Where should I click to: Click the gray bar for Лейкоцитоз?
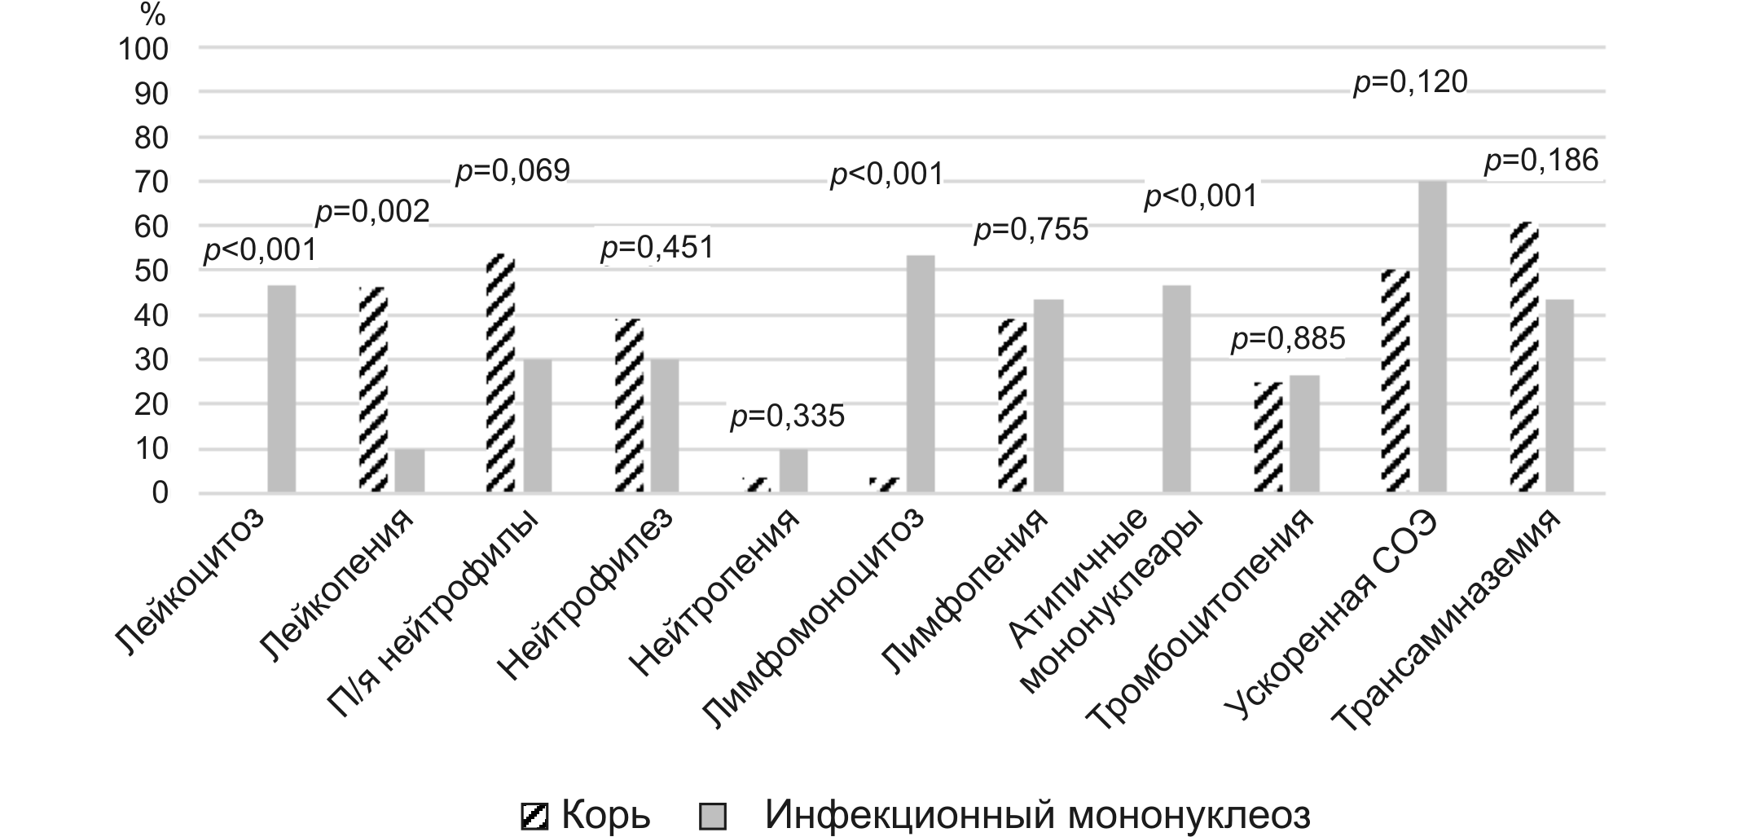281,389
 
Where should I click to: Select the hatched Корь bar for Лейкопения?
373,390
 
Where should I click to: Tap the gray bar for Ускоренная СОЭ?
1431,337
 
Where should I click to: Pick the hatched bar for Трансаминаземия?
1523,357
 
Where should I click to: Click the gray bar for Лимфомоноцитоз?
921,374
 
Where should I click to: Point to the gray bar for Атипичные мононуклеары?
1176,389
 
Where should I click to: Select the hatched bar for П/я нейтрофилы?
501,373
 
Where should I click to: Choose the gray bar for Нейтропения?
793,470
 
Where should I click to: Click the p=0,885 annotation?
1288,339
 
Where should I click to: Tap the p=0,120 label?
1410,82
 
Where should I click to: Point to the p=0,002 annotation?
372,212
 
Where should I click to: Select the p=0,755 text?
1031,230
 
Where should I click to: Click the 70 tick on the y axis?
151,183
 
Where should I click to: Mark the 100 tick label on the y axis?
143,50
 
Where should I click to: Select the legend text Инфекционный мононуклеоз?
1037,815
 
